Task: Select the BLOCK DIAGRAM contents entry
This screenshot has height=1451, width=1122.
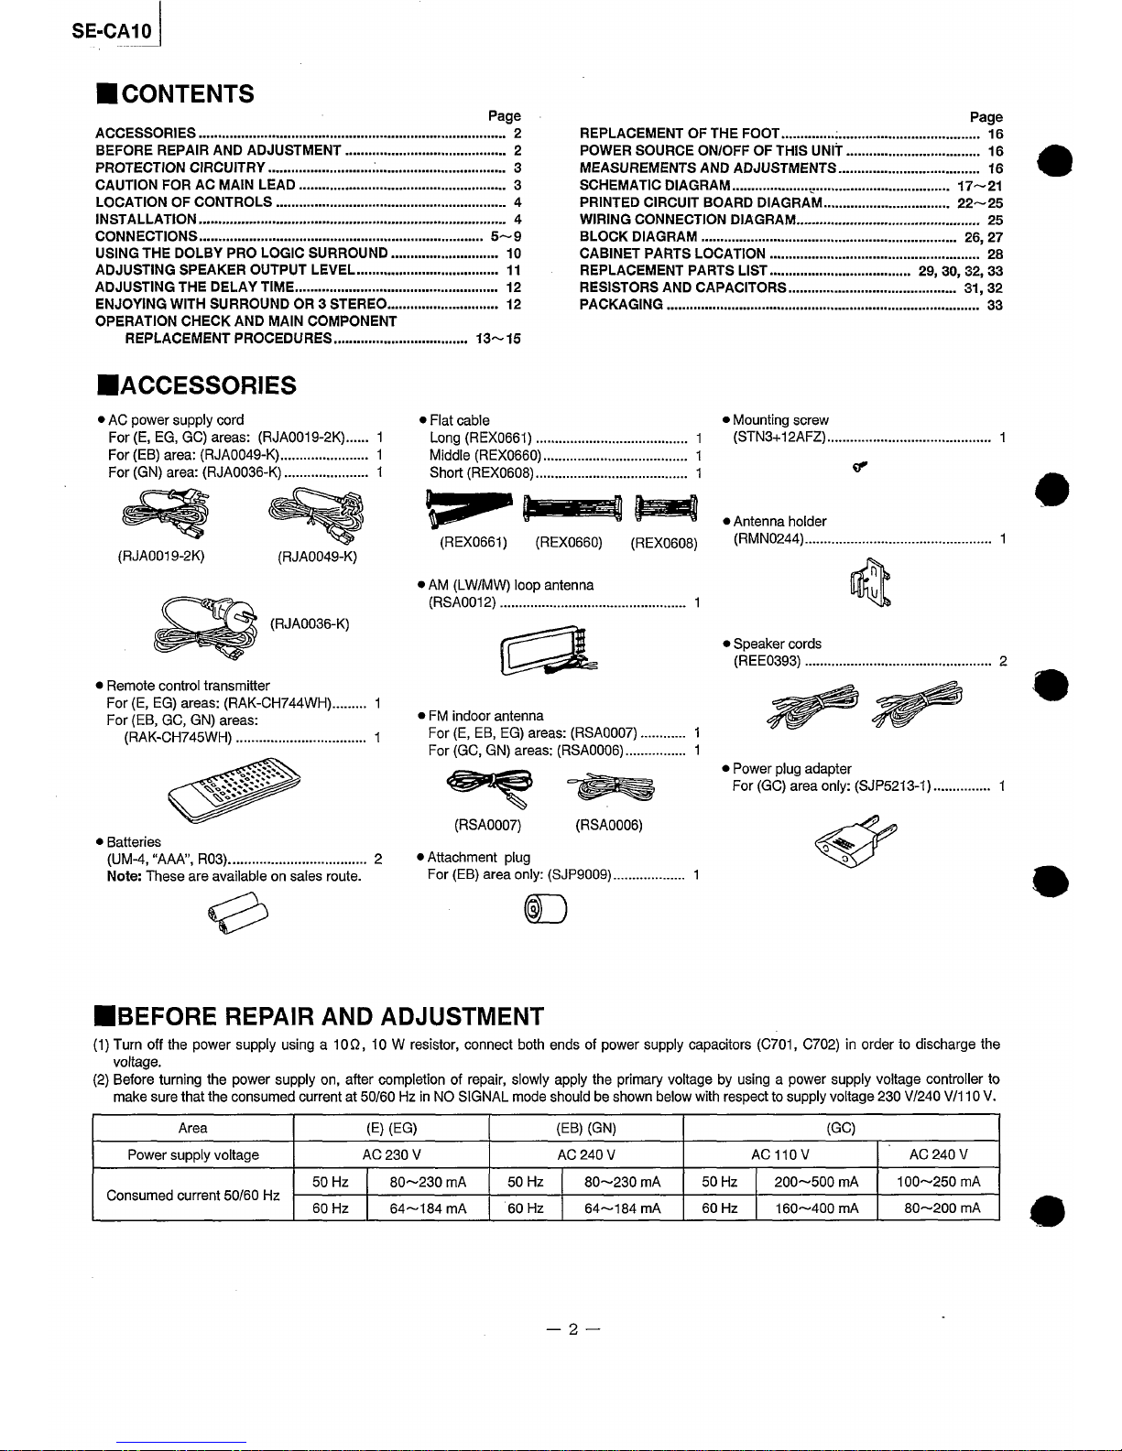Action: [x=638, y=236]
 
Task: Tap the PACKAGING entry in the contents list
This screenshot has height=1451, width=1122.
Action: [x=622, y=305]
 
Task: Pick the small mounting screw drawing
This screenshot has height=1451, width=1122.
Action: [x=859, y=469]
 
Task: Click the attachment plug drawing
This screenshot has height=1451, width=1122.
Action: [x=543, y=910]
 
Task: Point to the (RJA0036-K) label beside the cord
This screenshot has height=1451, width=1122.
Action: [x=310, y=624]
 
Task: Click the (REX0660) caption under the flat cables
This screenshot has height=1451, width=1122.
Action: [x=569, y=543]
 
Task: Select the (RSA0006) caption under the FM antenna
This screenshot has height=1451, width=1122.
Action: [x=608, y=825]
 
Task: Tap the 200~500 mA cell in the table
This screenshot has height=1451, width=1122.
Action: [x=816, y=1182]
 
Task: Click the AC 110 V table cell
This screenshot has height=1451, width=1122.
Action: [x=779, y=1154]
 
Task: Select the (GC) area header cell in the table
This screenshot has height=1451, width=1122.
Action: [x=841, y=1128]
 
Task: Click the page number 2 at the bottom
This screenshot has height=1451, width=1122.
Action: [x=569, y=1330]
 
